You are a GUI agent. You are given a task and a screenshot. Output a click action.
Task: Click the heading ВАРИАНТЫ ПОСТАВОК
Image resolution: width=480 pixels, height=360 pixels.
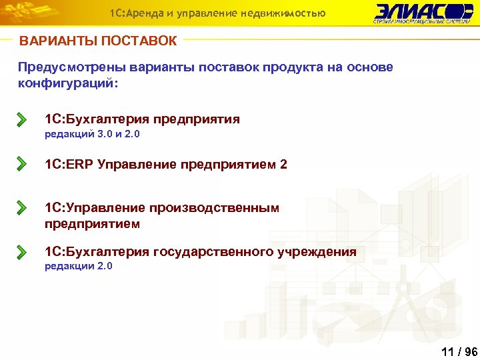99,41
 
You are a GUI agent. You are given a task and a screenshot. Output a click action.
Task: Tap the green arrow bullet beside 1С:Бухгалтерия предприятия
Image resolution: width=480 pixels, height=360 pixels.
22,120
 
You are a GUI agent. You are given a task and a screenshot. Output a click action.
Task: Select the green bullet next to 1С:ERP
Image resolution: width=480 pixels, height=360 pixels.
22,164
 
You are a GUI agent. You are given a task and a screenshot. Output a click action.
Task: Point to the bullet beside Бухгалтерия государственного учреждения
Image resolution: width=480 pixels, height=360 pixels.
22,253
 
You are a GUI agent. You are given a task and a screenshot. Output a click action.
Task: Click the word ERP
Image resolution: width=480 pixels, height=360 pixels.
79,164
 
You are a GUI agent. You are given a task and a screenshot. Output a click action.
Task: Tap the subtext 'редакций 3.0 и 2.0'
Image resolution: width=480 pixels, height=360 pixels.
92,135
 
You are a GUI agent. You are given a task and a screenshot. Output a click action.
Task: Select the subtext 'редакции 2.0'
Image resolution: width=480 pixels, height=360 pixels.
79,267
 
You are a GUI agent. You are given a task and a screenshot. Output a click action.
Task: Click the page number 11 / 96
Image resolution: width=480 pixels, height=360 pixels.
459,352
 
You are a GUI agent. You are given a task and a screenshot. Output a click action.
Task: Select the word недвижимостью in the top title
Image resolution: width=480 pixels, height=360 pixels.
288,13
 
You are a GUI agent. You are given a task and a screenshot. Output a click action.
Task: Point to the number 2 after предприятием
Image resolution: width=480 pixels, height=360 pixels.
284,164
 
